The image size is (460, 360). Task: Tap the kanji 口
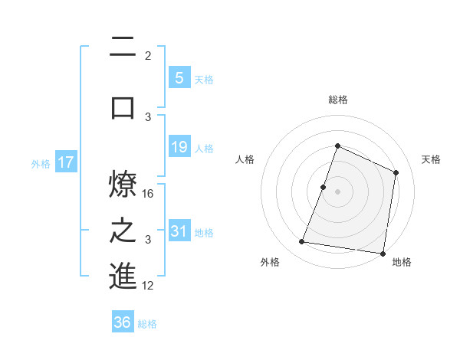123,106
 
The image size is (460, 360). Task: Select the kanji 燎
123,185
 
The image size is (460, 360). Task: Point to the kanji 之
123,230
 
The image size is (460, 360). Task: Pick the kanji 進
123,277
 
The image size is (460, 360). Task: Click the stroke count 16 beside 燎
149,194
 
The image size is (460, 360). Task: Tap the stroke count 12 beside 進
149,286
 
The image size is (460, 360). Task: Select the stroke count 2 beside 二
148,56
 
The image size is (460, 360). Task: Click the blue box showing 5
179,77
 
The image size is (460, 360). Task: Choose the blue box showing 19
179,146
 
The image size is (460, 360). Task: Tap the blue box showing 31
179,231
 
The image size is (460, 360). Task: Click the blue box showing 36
123,322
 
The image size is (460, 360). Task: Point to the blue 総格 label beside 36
147,324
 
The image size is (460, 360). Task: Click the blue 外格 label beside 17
41,163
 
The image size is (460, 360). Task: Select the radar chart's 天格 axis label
432,159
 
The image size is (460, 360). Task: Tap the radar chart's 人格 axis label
245,159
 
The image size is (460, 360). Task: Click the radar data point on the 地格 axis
383,254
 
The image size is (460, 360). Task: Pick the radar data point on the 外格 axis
302,242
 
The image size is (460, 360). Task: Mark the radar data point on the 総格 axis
337,146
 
